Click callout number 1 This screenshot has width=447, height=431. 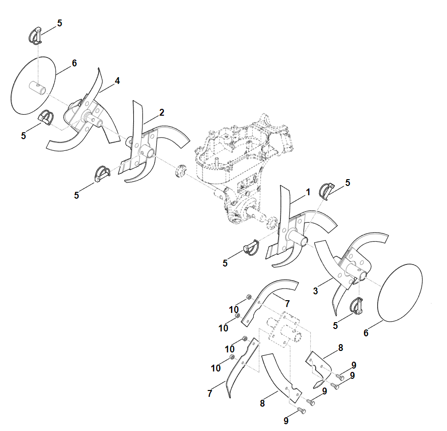click(308, 192)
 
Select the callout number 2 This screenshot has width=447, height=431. click(162, 113)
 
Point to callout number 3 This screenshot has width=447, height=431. click(315, 291)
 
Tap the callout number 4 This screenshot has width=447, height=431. click(117, 81)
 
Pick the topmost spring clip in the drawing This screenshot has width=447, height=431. click(35, 36)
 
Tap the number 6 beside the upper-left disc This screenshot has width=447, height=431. click(74, 63)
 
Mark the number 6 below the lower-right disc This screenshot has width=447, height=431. click(366, 333)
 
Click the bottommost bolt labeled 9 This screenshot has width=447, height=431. click(301, 411)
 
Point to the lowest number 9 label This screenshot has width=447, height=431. click(286, 420)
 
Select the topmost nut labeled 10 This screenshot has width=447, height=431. click(248, 297)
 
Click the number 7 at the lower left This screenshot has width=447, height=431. click(210, 393)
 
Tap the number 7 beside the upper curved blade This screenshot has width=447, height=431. click(287, 304)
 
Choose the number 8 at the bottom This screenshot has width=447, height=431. click(262, 403)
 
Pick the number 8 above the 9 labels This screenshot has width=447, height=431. click(341, 348)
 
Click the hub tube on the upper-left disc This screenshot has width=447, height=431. click(38, 87)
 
